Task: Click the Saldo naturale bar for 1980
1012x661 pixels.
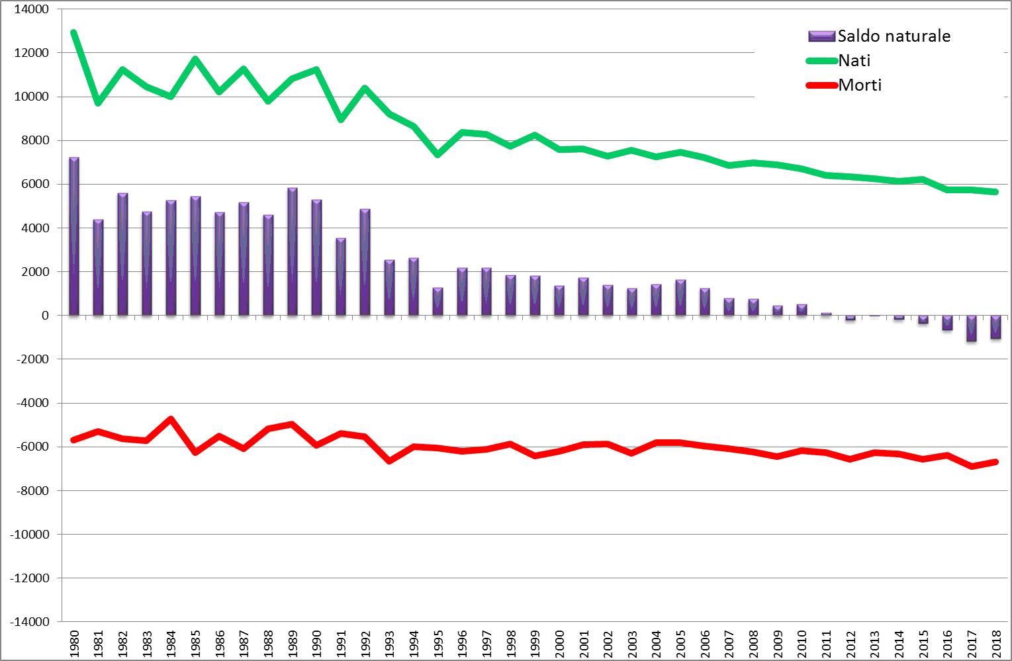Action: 74,237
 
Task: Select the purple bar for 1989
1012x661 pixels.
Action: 293,252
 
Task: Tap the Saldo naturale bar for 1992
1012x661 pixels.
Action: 365,263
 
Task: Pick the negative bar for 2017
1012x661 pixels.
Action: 971,328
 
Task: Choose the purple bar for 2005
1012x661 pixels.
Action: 680,298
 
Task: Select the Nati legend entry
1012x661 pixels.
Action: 854,60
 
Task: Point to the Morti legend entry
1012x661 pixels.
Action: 859,85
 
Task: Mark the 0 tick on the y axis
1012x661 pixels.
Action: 45,316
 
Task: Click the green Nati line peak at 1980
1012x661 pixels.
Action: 74,32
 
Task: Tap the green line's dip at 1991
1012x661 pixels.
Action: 341,119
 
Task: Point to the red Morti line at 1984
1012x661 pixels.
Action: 171,419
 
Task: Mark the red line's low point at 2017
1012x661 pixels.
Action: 972,466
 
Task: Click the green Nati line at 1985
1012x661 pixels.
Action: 195,59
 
